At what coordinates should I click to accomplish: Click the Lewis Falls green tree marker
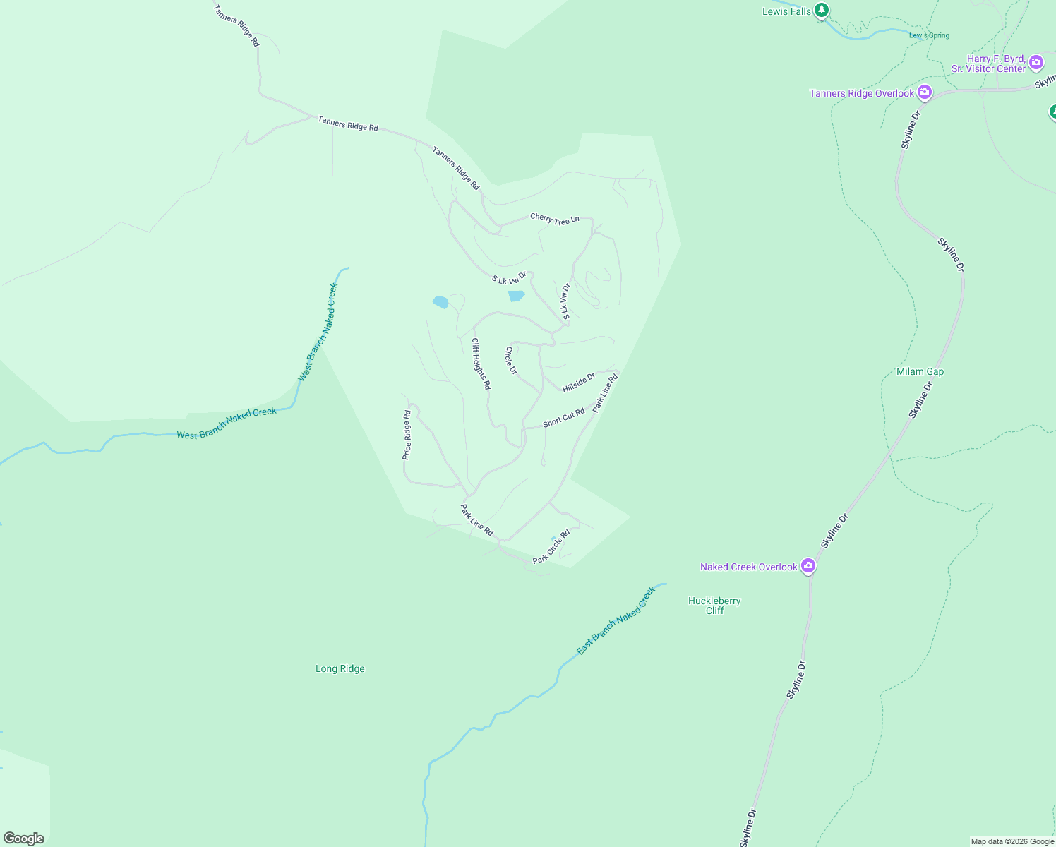(821, 11)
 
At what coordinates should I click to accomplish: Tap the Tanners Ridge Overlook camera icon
(924, 92)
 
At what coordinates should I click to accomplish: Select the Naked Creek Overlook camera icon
(808, 566)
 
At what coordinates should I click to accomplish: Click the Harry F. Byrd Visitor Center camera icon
(1036, 63)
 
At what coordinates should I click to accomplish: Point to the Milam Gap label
(920, 371)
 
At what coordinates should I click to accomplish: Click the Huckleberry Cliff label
(714, 606)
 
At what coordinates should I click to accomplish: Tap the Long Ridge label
(340, 668)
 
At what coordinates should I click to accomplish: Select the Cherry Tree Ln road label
(555, 219)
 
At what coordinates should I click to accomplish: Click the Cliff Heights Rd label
(481, 364)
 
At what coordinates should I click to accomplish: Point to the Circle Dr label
(511, 360)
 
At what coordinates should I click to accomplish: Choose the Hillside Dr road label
(579, 383)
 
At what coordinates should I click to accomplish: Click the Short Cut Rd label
(564, 418)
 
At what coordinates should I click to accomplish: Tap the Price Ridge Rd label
(407, 435)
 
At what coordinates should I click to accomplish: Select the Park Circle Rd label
(551, 547)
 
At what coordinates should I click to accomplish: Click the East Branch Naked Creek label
(616, 620)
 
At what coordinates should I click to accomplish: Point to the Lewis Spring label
(929, 35)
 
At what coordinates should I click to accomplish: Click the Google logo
(24, 839)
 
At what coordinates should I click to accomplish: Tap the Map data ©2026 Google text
(1012, 841)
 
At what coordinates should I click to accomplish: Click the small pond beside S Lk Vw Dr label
(517, 296)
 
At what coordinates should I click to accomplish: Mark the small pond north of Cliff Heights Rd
(440, 302)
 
